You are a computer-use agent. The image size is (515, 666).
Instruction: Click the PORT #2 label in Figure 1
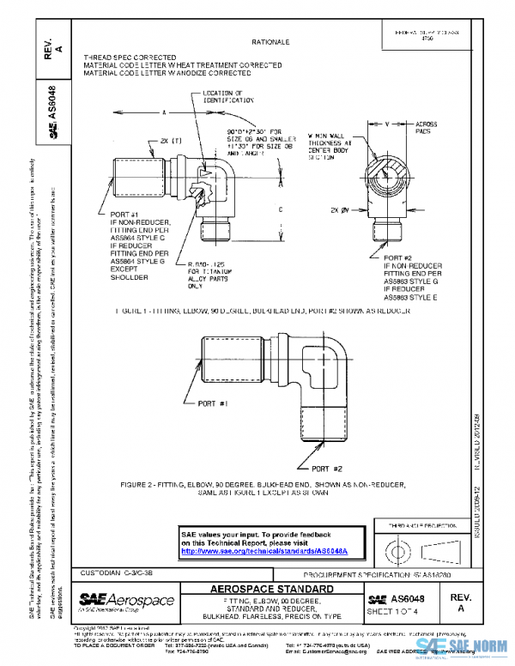coord(400,257)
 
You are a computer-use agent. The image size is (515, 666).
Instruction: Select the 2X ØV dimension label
coord(342,209)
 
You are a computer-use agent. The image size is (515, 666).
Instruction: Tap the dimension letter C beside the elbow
coord(281,208)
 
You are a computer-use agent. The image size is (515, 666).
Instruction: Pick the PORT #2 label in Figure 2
coord(327,469)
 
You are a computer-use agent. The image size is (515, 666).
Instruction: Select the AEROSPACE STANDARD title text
coord(272,590)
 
